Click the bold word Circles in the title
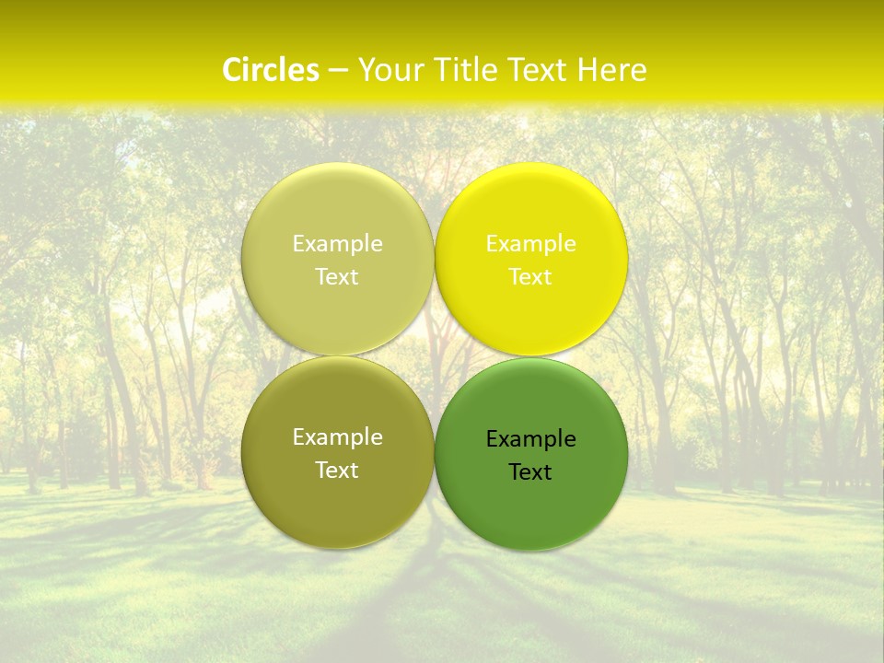271,70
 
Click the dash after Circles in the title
337,71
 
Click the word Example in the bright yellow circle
531,244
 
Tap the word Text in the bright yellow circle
530,277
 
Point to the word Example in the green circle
531,439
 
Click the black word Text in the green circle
530,472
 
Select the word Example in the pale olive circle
338,244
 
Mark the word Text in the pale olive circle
337,277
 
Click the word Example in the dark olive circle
338,437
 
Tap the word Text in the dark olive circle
337,471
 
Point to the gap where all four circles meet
435,356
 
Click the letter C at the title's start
232,70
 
